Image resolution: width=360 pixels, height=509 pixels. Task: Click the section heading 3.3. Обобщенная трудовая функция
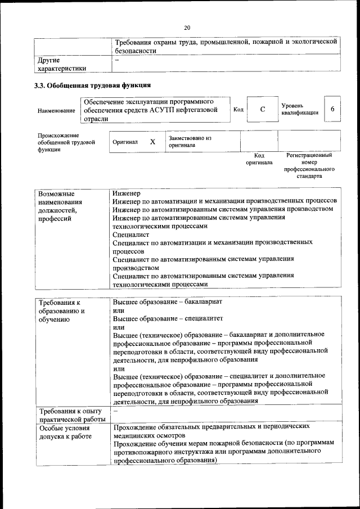pos(92,86)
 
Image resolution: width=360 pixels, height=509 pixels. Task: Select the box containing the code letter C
pos(262,109)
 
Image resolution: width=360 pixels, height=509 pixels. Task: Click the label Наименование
pos(56,111)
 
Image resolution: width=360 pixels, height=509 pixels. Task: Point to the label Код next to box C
pos(238,109)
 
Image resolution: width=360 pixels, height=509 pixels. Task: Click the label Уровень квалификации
pos(300,109)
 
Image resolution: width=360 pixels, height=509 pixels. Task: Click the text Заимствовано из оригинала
pos(190,141)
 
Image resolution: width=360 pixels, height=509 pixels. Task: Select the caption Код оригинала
pos(259,159)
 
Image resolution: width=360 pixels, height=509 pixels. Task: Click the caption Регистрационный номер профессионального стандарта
pos(309,165)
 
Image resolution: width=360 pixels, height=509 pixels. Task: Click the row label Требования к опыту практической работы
pos(71,415)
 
